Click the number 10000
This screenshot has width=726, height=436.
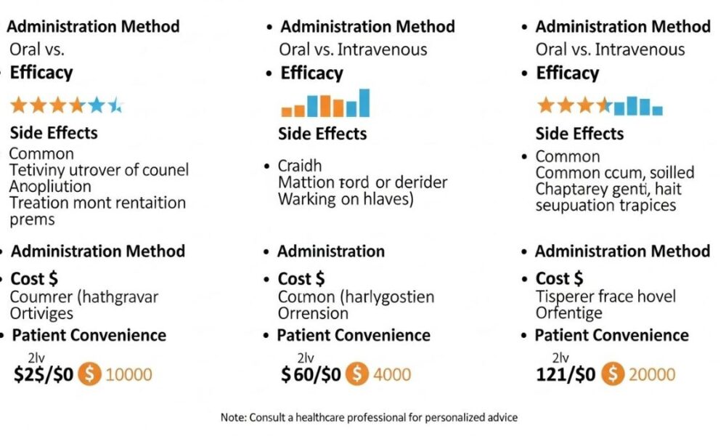pos(129,375)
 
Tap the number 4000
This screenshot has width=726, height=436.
pos(391,375)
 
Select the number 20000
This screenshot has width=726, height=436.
pos(651,375)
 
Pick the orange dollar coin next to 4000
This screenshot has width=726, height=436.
pos(356,374)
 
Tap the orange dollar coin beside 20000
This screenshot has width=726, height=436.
pos(614,374)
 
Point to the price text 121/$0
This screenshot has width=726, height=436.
pos(565,375)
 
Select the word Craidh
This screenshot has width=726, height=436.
pos(300,166)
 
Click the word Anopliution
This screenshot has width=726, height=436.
pos(51,186)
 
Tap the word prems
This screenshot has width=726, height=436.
pos(32,219)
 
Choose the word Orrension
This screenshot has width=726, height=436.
pos(313,313)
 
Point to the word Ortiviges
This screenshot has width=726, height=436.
pos(41,313)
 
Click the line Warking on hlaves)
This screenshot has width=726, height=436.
pos(346,198)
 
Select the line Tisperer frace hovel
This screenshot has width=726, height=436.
pos(605,296)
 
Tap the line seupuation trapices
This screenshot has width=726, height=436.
pos(605,205)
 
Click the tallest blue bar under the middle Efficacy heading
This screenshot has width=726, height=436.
pos(364,102)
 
